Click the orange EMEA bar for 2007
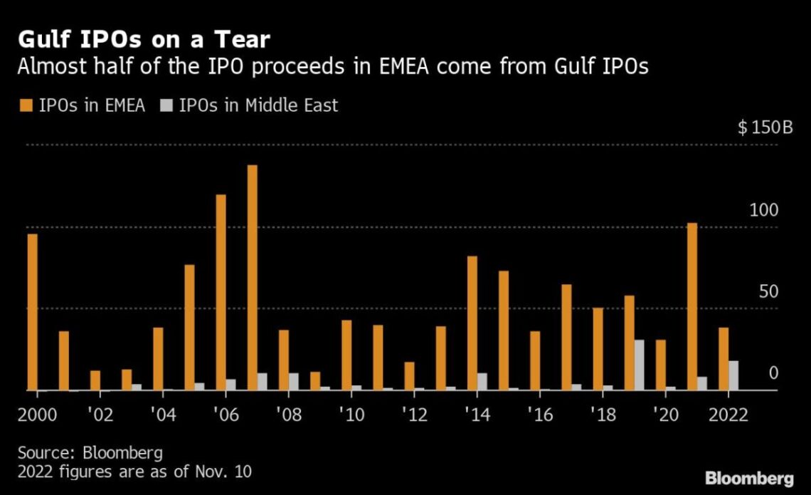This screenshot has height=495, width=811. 253,278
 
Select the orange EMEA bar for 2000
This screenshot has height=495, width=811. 32,312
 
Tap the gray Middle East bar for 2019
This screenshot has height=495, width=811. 640,365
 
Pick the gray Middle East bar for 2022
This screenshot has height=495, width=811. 733,375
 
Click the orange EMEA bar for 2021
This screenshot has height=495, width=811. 692,306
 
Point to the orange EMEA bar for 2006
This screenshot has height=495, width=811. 221,292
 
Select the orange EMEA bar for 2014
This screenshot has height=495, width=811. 472,323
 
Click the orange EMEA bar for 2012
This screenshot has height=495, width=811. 409,376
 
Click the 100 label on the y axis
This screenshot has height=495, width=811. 763,211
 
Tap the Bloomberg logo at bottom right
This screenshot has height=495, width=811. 748,477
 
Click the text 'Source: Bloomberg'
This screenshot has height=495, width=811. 90,453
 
